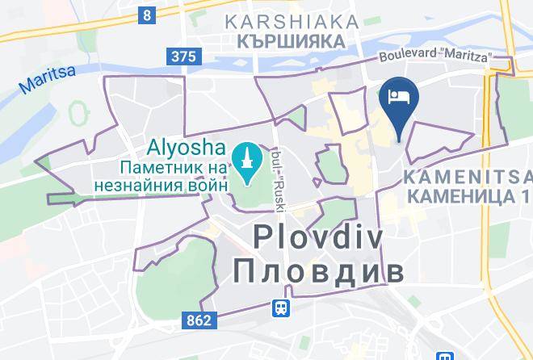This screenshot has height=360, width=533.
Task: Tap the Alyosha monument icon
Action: tap(245, 156)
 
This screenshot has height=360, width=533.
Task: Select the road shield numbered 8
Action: tap(146, 15)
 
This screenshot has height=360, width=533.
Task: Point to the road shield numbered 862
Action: tap(197, 320)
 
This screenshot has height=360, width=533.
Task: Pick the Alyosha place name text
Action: tap(187, 149)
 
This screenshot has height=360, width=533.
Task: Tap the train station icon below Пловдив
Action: tap(280, 308)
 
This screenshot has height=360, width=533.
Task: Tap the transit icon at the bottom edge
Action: tap(445, 355)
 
